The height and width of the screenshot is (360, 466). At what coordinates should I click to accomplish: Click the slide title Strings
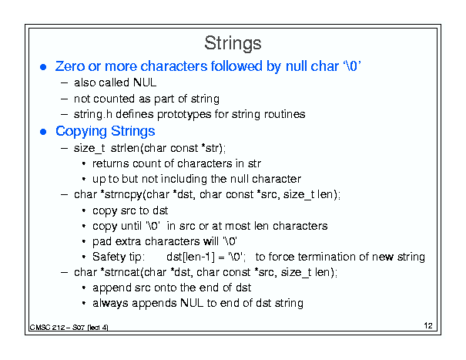(233, 43)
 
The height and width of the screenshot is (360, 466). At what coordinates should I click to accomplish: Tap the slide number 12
(428, 325)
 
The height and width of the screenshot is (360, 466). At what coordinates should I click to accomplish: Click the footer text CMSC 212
(48, 328)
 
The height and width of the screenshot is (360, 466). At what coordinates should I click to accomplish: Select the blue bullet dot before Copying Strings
(43, 132)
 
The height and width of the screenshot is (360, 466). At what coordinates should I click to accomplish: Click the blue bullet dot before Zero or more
(43, 67)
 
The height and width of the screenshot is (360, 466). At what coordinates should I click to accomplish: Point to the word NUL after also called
(145, 82)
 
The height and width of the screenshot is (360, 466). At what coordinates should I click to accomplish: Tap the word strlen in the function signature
(125, 148)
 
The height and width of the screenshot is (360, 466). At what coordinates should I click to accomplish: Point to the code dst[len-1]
(190, 257)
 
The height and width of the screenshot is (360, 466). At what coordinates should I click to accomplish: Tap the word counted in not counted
(114, 99)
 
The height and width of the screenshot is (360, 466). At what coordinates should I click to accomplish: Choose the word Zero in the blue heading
(70, 66)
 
